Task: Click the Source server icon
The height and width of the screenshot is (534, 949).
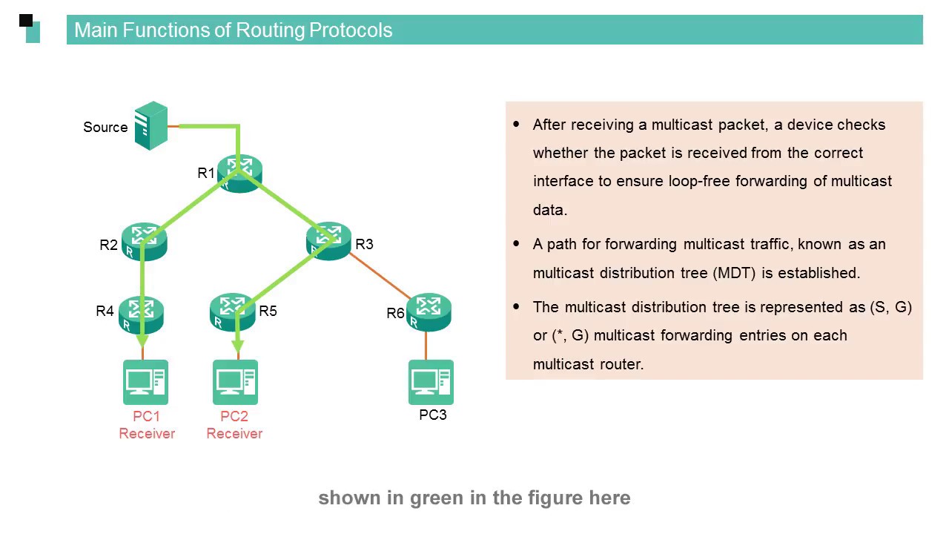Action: (151, 126)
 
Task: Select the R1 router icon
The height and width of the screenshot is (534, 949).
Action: (240, 174)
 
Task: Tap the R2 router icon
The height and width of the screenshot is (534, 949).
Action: (145, 242)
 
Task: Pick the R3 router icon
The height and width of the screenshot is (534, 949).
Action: (328, 240)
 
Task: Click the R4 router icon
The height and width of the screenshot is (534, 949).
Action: (141, 314)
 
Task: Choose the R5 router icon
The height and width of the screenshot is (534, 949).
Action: (232, 312)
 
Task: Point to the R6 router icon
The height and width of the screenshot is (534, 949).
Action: (429, 312)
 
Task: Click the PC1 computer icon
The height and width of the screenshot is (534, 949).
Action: (145, 382)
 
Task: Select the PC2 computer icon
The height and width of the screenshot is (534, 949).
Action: (236, 382)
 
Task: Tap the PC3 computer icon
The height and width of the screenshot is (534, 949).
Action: (431, 382)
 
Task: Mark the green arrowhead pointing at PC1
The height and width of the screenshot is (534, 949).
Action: (142, 341)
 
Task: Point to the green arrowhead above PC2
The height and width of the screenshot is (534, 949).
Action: (237, 346)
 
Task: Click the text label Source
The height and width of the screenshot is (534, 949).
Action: (105, 128)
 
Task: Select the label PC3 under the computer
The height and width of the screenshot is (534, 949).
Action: (433, 415)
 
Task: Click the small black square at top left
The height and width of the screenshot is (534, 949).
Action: (26, 20)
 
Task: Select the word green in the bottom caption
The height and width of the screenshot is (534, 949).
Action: (437, 498)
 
